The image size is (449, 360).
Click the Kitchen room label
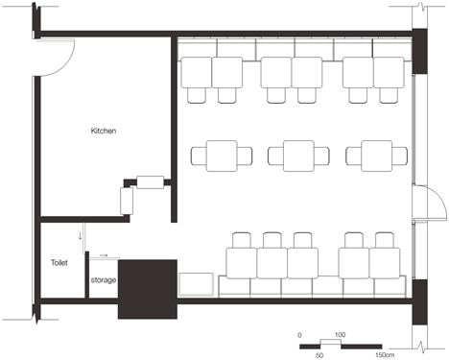pos(104,131)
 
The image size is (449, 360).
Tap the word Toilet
pos(59,263)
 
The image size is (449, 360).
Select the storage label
pos(104,280)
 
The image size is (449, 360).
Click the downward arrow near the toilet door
pos(80,236)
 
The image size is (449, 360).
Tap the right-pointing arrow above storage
pos(104,255)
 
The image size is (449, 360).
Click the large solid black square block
pos(148,289)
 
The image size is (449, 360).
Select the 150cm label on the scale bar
pos(385,355)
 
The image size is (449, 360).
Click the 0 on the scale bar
pos(299,335)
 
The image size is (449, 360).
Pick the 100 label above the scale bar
pos(341,335)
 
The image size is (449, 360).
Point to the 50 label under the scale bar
pos(319,355)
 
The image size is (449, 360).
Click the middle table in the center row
pos(298,156)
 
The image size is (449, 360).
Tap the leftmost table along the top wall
pos(197,72)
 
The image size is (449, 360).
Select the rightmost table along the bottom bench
pos(385,263)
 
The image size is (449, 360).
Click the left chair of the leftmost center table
pos(199,156)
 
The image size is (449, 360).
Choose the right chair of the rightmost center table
pos(400,156)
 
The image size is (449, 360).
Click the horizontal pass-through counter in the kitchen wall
pos(151,182)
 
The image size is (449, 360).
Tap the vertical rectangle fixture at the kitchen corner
pos(127,201)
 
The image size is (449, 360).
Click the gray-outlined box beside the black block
pos(196,284)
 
